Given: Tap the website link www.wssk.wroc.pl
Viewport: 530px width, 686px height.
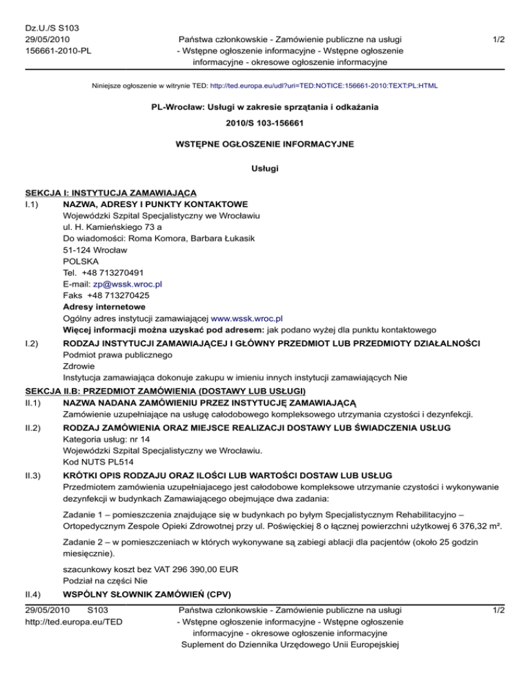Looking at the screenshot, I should (x=246, y=319).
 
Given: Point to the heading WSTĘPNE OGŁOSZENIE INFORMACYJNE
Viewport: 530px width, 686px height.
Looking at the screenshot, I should (x=265, y=144).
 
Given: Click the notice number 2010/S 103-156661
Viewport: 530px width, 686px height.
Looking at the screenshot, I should (x=265, y=124).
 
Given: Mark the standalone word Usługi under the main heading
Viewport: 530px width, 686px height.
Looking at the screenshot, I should (x=265, y=167).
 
